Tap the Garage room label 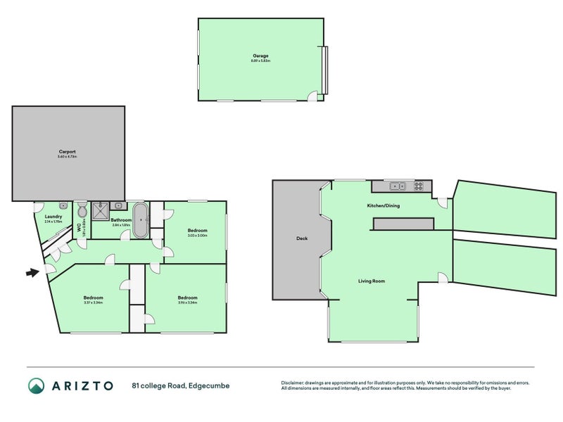(x=260, y=56)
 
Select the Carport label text (x=67, y=152)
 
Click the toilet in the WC (x=82, y=210)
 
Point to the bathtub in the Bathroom (x=140, y=220)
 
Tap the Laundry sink (x=63, y=205)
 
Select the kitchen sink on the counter (x=397, y=186)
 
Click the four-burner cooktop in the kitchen (x=418, y=186)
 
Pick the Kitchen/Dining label (x=383, y=206)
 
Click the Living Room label (x=372, y=281)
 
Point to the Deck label (x=302, y=238)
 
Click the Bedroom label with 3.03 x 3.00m (x=197, y=230)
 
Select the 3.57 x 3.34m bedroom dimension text (x=94, y=302)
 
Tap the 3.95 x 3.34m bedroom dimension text (x=187, y=302)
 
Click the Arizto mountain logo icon (x=36, y=385)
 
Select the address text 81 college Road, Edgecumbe (x=180, y=385)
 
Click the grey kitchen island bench (x=403, y=224)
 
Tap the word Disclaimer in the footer (x=295, y=383)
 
